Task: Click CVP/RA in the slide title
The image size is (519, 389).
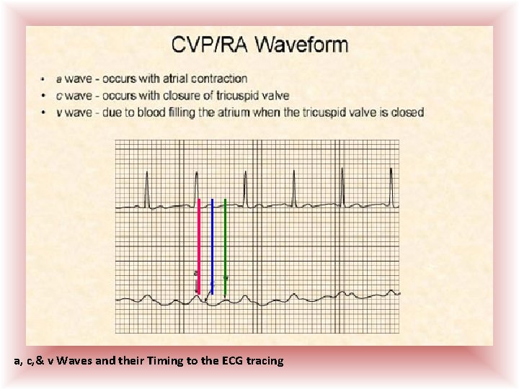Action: click(x=204, y=45)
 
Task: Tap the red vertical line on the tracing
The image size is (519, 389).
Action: click(x=198, y=245)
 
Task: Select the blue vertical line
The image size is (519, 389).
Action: click(x=212, y=245)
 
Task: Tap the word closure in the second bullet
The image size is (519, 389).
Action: click(x=178, y=95)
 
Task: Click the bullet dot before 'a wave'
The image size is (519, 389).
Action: click(x=45, y=79)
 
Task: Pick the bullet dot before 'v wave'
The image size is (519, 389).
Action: click(x=45, y=113)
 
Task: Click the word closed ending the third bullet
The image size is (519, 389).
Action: click(x=407, y=112)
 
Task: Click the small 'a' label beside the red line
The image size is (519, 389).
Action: click(x=195, y=274)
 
